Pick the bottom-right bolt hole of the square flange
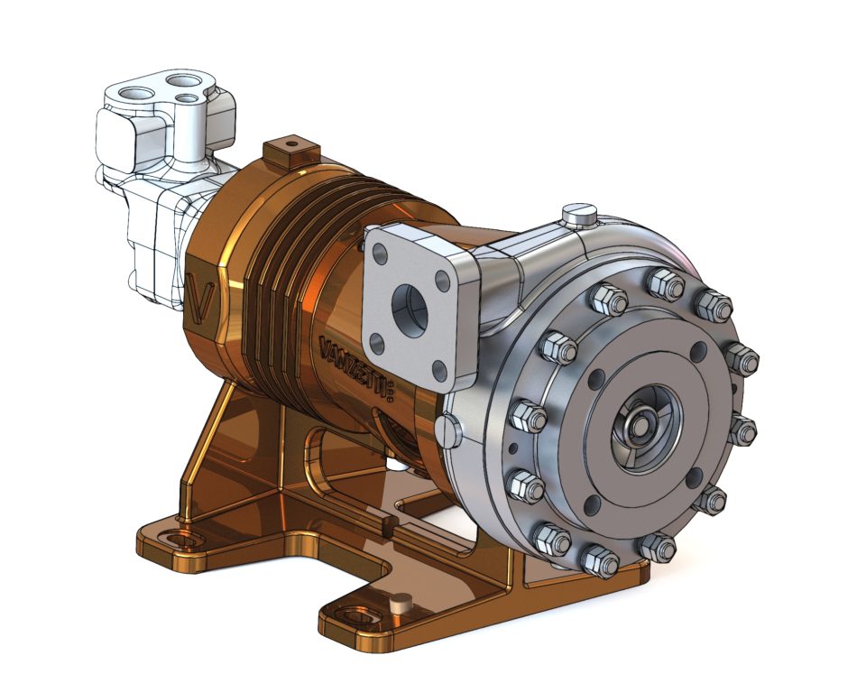pos(438,371)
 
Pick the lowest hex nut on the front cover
pos(599,562)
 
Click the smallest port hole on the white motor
pos(186,98)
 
